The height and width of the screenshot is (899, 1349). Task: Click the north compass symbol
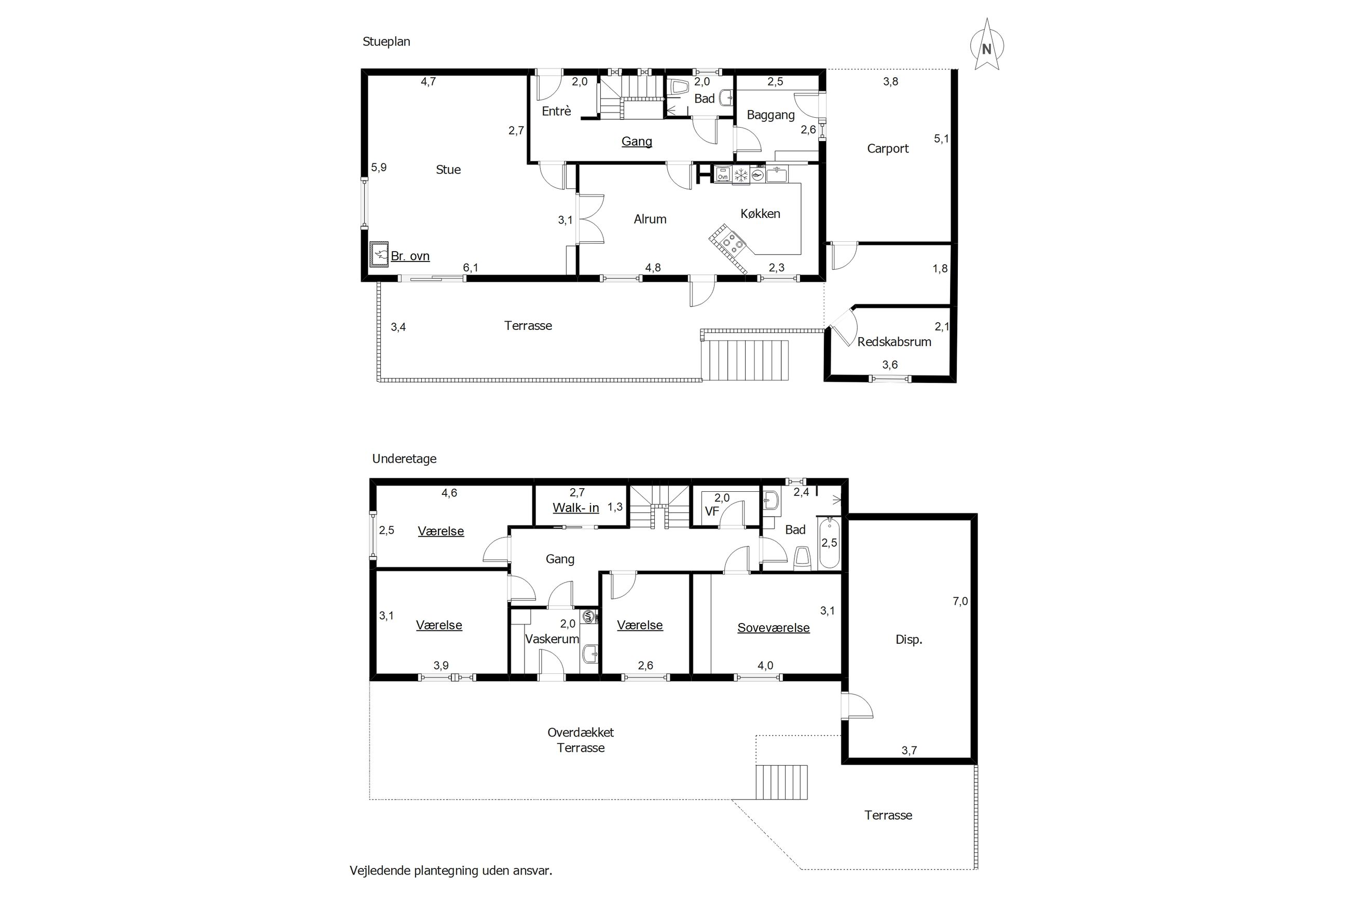pyautogui.click(x=986, y=45)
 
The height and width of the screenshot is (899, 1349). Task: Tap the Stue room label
pyautogui.click(x=448, y=170)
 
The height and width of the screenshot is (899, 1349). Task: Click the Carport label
pyautogui.click(x=887, y=149)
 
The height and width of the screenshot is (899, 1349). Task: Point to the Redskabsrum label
pyautogui.click(x=894, y=342)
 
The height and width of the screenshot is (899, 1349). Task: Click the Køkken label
pyautogui.click(x=760, y=214)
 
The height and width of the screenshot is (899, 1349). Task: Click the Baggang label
pyautogui.click(x=770, y=115)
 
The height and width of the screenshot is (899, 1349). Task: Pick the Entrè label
pyautogui.click(x=556, y=111)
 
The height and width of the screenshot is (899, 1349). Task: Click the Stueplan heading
pyautogui.click(x=387, y=42)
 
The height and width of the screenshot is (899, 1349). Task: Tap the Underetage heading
pyautogui.click(x=404, y=459)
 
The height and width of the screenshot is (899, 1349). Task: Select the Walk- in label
pyautogui.click(x=575, y=507)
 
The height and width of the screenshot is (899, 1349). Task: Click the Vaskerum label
pyautogui.click(x=552, y=639)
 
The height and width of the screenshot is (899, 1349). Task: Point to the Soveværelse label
pyautogui.click(x=774, y=628)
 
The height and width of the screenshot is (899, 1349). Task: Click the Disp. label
pyautogui.click(x=908, y=639)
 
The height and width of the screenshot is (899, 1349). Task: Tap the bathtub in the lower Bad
pyautogui.click(x=830, y=543)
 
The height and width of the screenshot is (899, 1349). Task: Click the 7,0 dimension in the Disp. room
pyautogui.click(x=960, y=601)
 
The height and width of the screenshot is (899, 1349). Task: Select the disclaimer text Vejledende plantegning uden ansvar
pyautogui.click(x=451, y=870)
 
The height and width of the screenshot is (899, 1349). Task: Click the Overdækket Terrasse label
pyautogui.click(x=581, y=740)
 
